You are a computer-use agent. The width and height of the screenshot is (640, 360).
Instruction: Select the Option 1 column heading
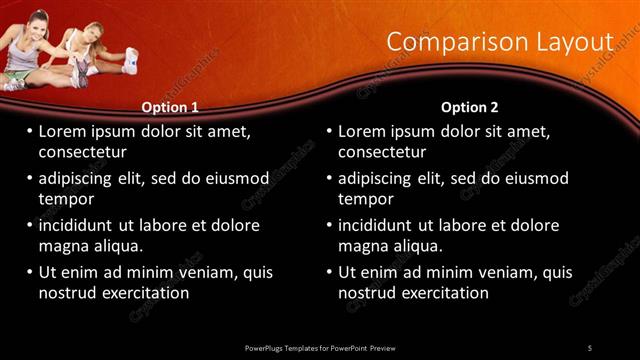(171, 107)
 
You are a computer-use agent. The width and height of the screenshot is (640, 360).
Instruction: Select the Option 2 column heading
(469, 107)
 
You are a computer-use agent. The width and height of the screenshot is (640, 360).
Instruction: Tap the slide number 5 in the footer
(590, 347)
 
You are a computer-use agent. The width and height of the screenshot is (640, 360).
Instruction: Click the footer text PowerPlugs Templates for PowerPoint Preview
(320, 347)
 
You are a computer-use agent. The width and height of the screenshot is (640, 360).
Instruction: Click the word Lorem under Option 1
(64, 131)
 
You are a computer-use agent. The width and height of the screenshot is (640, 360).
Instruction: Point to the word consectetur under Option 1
(82, 152)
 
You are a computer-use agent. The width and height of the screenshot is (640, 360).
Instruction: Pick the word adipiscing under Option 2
(378, 178)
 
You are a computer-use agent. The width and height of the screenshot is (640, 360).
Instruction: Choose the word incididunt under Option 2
(378, 225)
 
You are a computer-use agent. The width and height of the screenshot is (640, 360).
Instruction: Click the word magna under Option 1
(63, 246)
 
